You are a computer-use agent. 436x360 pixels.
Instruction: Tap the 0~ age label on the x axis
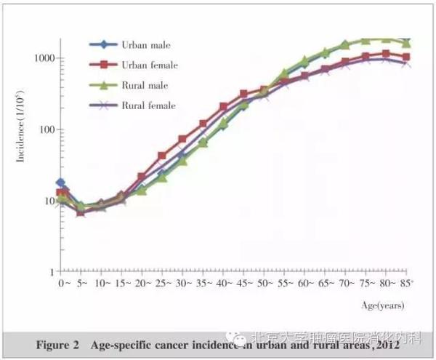pos(63,281)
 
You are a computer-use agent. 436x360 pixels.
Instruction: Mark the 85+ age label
pos(405,281)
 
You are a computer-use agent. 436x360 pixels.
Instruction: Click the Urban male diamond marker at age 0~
pos(61,183)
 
